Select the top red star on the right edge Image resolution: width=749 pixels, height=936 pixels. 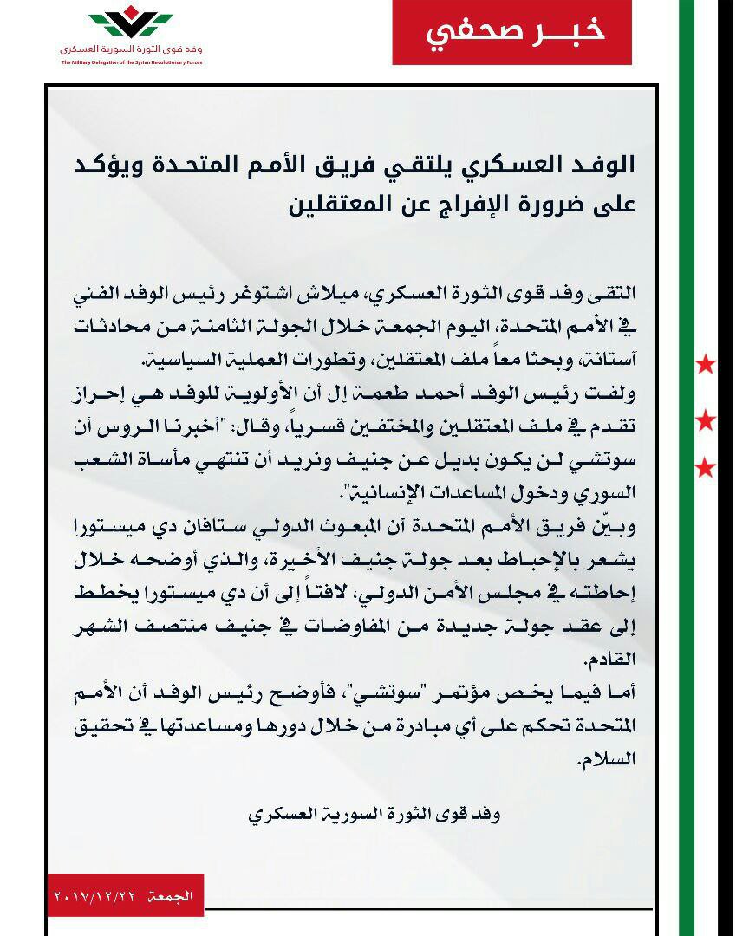tap(706, 364)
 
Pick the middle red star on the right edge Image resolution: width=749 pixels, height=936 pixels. tap(706, 422)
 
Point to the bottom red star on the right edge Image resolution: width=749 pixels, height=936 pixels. tap(706, 469)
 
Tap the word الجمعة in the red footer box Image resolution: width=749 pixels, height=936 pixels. tap(171, 894)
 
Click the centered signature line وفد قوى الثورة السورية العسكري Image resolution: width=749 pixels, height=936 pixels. tap(374, 815)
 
